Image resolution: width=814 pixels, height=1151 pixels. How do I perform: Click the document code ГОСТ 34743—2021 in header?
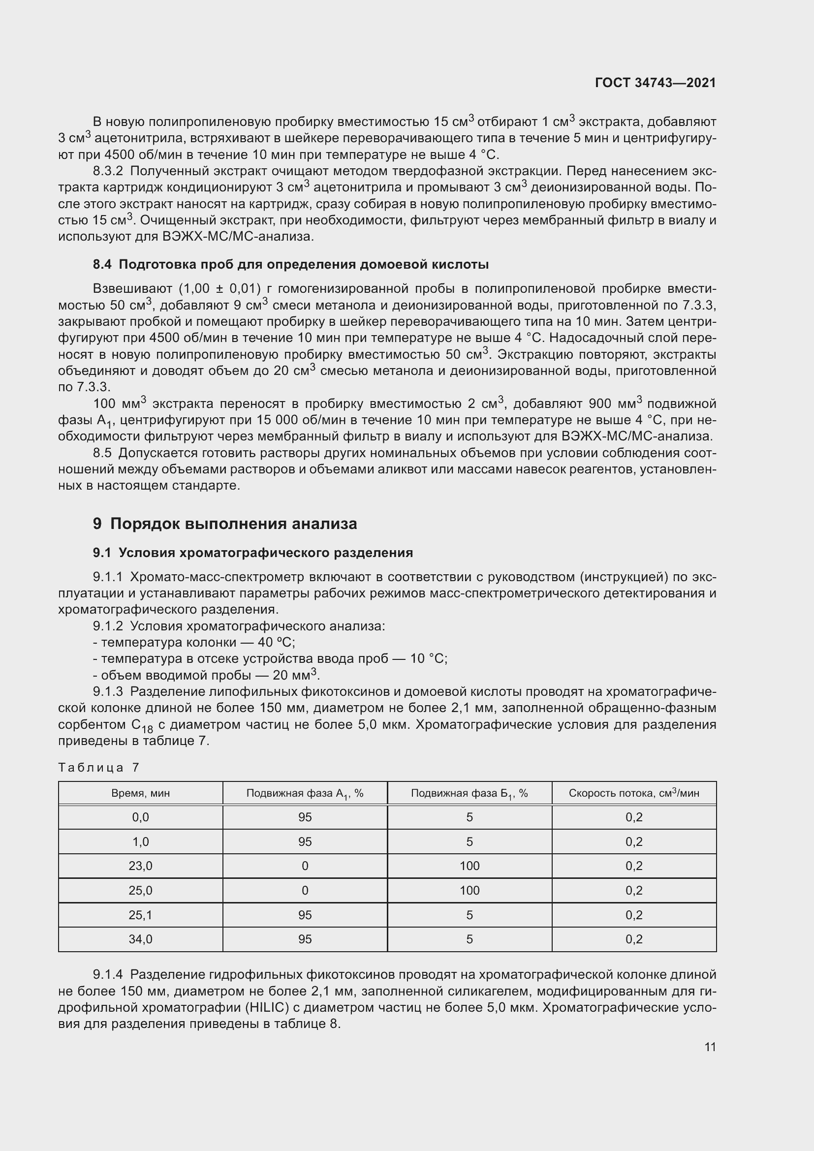(x=655, y=83)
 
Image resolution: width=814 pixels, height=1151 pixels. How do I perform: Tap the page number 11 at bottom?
(x=710, y=1046)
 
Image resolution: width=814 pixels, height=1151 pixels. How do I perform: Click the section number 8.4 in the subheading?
(x=102, y=264)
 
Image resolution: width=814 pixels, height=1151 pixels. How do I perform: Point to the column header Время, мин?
(x=140, y=793)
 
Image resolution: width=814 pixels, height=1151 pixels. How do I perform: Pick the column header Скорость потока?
(x=633, y=793)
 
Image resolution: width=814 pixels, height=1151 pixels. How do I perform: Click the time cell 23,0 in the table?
(x=140, y=866)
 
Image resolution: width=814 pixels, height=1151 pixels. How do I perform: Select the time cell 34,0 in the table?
(x=140, y=939)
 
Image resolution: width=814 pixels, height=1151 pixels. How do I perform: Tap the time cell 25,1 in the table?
(x=140, y=915)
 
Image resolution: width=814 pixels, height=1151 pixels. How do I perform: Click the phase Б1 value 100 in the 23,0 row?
(x=469, y=866)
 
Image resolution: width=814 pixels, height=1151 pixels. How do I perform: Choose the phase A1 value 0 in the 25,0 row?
(x=305, y=890)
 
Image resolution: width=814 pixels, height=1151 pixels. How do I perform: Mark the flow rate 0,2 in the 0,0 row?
(x=633, y=817)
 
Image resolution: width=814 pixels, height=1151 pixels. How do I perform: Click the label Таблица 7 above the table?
(x=99, y=768)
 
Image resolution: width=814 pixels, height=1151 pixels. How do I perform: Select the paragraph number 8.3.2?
(x=108, y=171)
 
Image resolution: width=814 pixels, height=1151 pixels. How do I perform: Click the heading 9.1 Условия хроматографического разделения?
(x=252, y=553)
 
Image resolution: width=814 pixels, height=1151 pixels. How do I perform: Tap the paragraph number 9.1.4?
(x=108, y=974)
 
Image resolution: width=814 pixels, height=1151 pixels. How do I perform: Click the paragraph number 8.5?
(x=102, y=453)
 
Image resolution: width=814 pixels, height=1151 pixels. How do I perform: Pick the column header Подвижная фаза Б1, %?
(x=469, y=793)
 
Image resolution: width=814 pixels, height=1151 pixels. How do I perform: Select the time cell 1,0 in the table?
(x=140, y=841)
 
